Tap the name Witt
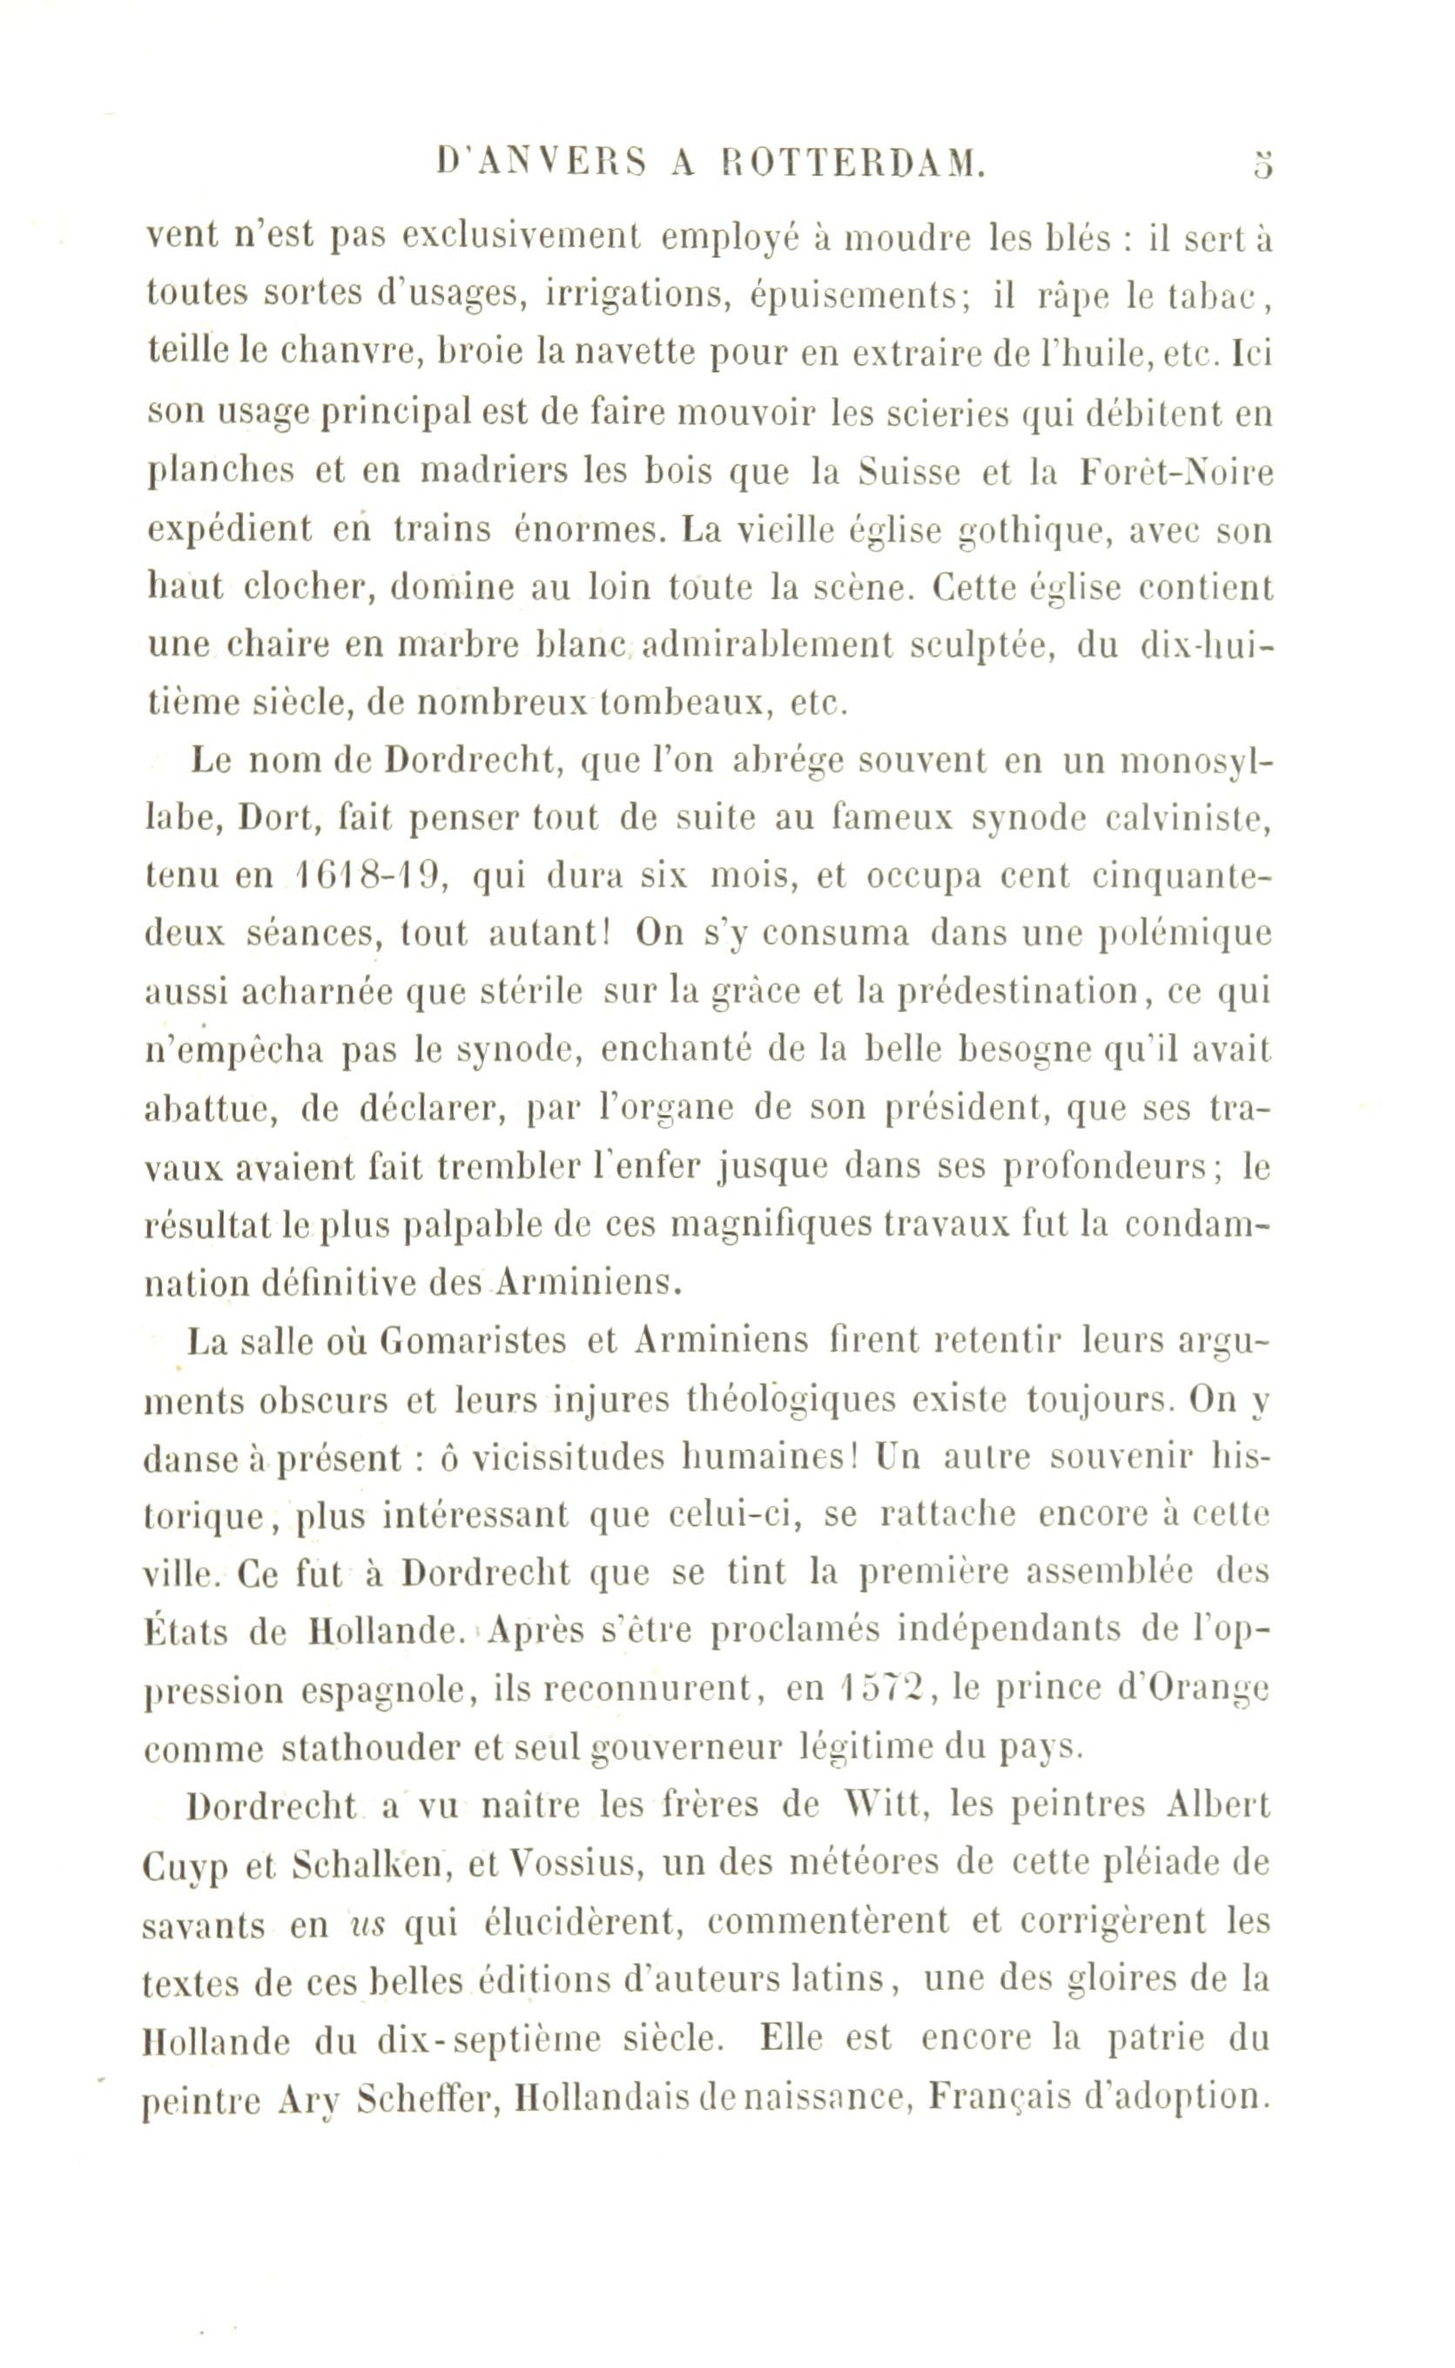coord(886,1805)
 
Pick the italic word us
coord(365,1925)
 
